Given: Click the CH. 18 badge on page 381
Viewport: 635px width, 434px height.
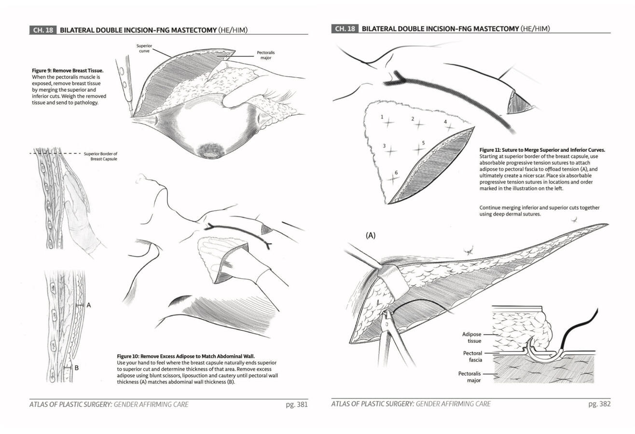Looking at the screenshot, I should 43,30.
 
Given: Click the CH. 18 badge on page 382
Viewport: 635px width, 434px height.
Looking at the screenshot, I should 345,28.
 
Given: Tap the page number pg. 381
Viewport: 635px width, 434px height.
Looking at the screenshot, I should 296,405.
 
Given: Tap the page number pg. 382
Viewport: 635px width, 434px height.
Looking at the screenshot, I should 599,404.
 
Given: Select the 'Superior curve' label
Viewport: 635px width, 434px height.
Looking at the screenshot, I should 144,48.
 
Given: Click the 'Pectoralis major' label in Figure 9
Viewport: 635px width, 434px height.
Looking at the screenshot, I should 265,55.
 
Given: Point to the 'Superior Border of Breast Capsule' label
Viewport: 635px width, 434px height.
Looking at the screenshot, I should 100,156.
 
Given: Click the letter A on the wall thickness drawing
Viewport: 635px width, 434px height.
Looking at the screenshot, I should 89,305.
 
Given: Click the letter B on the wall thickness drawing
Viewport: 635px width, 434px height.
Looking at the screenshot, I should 76,367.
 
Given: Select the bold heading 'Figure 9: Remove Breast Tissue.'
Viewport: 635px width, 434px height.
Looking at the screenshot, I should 68,70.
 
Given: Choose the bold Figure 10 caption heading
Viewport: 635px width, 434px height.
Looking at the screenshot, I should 186,356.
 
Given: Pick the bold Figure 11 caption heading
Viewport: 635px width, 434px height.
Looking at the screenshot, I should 542,150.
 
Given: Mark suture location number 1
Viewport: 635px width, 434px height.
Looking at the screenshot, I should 382,117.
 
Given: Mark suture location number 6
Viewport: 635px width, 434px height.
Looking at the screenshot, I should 396,173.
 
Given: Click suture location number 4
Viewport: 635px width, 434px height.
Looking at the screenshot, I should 445,122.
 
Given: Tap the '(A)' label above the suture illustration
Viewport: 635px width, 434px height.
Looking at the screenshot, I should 370,235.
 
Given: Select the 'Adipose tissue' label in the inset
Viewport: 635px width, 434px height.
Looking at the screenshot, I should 471,337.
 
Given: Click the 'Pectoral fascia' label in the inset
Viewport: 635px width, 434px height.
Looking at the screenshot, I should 472,356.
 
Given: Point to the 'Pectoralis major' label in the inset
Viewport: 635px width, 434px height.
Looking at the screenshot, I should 469,377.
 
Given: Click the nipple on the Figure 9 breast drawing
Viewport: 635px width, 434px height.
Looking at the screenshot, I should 210,154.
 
